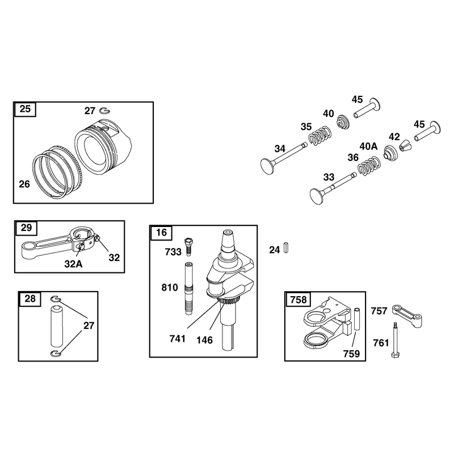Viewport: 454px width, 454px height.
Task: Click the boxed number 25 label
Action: (25, 109)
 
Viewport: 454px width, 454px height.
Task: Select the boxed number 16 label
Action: (161, 232)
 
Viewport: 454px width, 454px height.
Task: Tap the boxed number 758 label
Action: (298, 299)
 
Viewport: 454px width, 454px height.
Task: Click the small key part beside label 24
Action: (286, 248)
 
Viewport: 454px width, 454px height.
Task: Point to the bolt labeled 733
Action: (188, 246)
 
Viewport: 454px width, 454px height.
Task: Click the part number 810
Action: (170, 288)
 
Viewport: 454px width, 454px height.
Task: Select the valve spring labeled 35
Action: (320, 136)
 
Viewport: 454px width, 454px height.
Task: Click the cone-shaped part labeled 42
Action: (404, 145)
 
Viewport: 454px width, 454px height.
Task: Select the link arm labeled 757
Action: (407, 316)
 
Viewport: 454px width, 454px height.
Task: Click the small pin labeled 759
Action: (357, 320)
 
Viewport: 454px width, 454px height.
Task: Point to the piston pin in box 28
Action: (57, 325)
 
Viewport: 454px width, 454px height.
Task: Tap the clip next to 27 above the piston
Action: (105, 111)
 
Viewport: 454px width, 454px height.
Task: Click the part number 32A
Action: (73, 264)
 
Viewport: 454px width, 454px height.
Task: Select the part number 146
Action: (204, 340)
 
